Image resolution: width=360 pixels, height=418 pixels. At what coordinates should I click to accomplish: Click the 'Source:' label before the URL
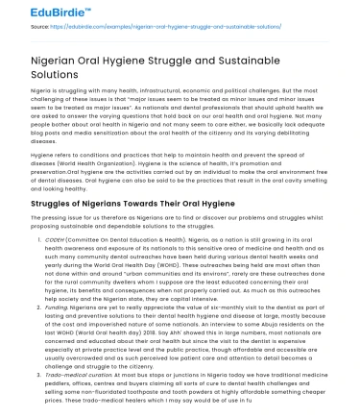(15, 29)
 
